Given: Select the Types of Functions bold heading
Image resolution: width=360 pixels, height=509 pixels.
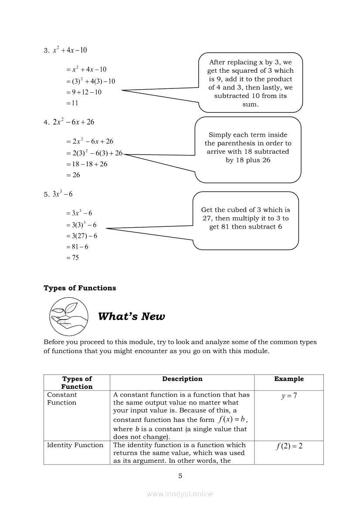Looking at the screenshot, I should pyautogui.click(x=80, y=288).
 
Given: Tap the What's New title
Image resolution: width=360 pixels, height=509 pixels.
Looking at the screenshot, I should pyautogui.click(x=132, y=317).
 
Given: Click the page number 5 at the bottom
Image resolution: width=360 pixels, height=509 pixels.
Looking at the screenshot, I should pyautogui.click(x=180, y=476).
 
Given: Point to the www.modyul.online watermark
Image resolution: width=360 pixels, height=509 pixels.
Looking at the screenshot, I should pyautogui.click(x=180, y=494).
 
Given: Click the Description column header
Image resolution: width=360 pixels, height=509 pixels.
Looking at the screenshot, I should pyautogui.click(x=182, y=379).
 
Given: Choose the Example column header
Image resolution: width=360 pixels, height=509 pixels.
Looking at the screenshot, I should pyautogui.click(x=289, y=379).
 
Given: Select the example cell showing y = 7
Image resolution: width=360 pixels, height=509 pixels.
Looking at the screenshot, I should pyautogui.click(x=289, y=396).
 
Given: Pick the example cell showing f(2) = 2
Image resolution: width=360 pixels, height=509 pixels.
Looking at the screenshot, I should pyautogui.click(x=289, y=446).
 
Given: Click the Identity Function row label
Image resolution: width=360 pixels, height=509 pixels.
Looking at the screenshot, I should pyautogui.click(x=75, y=445).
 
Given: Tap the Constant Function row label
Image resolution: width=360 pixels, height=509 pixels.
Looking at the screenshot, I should pyautogui.click(x=62, y=399).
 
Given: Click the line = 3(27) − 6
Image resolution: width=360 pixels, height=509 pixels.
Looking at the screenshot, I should pyautogui.click(x=82, y=236).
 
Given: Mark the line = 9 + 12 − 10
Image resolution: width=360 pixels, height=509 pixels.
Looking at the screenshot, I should pyautogui.click(x=84, y=92).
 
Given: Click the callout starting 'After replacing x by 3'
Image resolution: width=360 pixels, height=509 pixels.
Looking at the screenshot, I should pyautogui.click(x=250, y=83).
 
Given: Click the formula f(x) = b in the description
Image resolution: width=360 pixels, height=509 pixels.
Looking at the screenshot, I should pyautogui.click(x=233, y=420).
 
